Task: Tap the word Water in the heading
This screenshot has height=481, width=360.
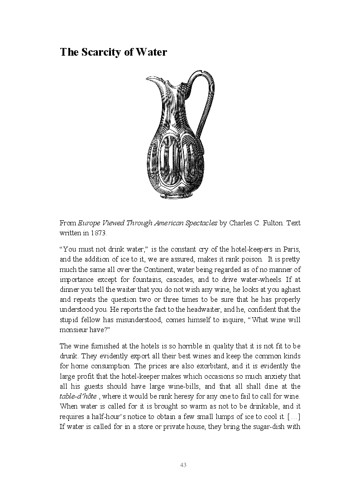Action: [x=152, y=52]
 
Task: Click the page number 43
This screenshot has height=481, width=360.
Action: [x=183, y=465]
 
